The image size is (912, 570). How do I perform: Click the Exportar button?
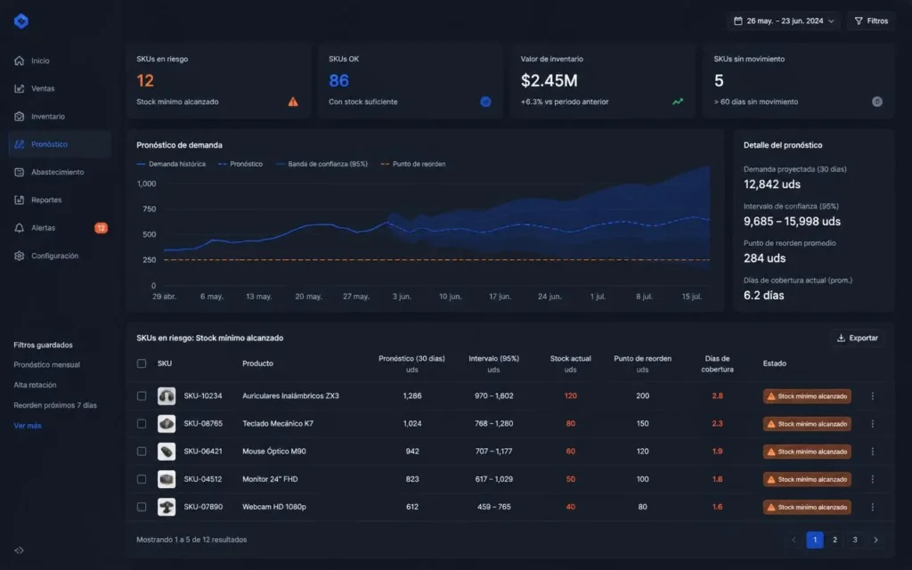pos(858,338)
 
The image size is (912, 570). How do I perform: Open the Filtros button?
pos(871,21)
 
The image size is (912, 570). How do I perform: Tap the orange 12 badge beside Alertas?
pos(102,228)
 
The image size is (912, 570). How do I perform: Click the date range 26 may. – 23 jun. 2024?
pos(784,21)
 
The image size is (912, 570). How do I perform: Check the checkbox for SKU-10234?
pos(142,396)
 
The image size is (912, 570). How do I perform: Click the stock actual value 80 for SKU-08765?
pos(571,423)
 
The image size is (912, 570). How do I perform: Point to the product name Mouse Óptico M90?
pos(274,452)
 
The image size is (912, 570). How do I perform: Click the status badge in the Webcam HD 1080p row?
pos(807,507)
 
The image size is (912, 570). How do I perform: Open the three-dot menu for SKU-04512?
pos(873,479)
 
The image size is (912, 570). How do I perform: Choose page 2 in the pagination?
pos(835,540)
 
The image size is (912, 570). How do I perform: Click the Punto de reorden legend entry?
pos(413,164)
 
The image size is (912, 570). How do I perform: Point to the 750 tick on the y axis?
pos(149,208)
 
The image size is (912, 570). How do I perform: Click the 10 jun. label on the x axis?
pos(450,297)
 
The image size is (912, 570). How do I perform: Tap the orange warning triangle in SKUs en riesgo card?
pos(293,102)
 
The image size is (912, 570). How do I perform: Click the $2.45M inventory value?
pos(549,80)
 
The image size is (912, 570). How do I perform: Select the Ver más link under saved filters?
pos(28,426)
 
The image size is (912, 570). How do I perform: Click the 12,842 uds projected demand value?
pos(772,184)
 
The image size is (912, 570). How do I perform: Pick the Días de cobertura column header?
pos(717,363)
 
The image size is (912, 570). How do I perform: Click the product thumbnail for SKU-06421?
pos(167,452)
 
